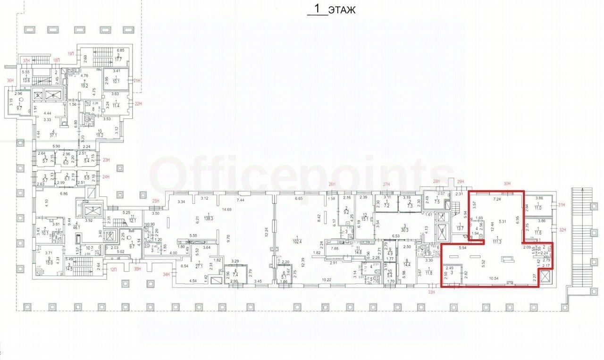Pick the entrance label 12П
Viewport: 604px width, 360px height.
coord(113,269)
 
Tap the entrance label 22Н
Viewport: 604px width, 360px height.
coord(138,104)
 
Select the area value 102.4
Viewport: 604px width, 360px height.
coord(297,240)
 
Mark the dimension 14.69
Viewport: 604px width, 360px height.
coord(227,209)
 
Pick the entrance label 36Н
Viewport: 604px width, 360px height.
coord(10,80)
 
